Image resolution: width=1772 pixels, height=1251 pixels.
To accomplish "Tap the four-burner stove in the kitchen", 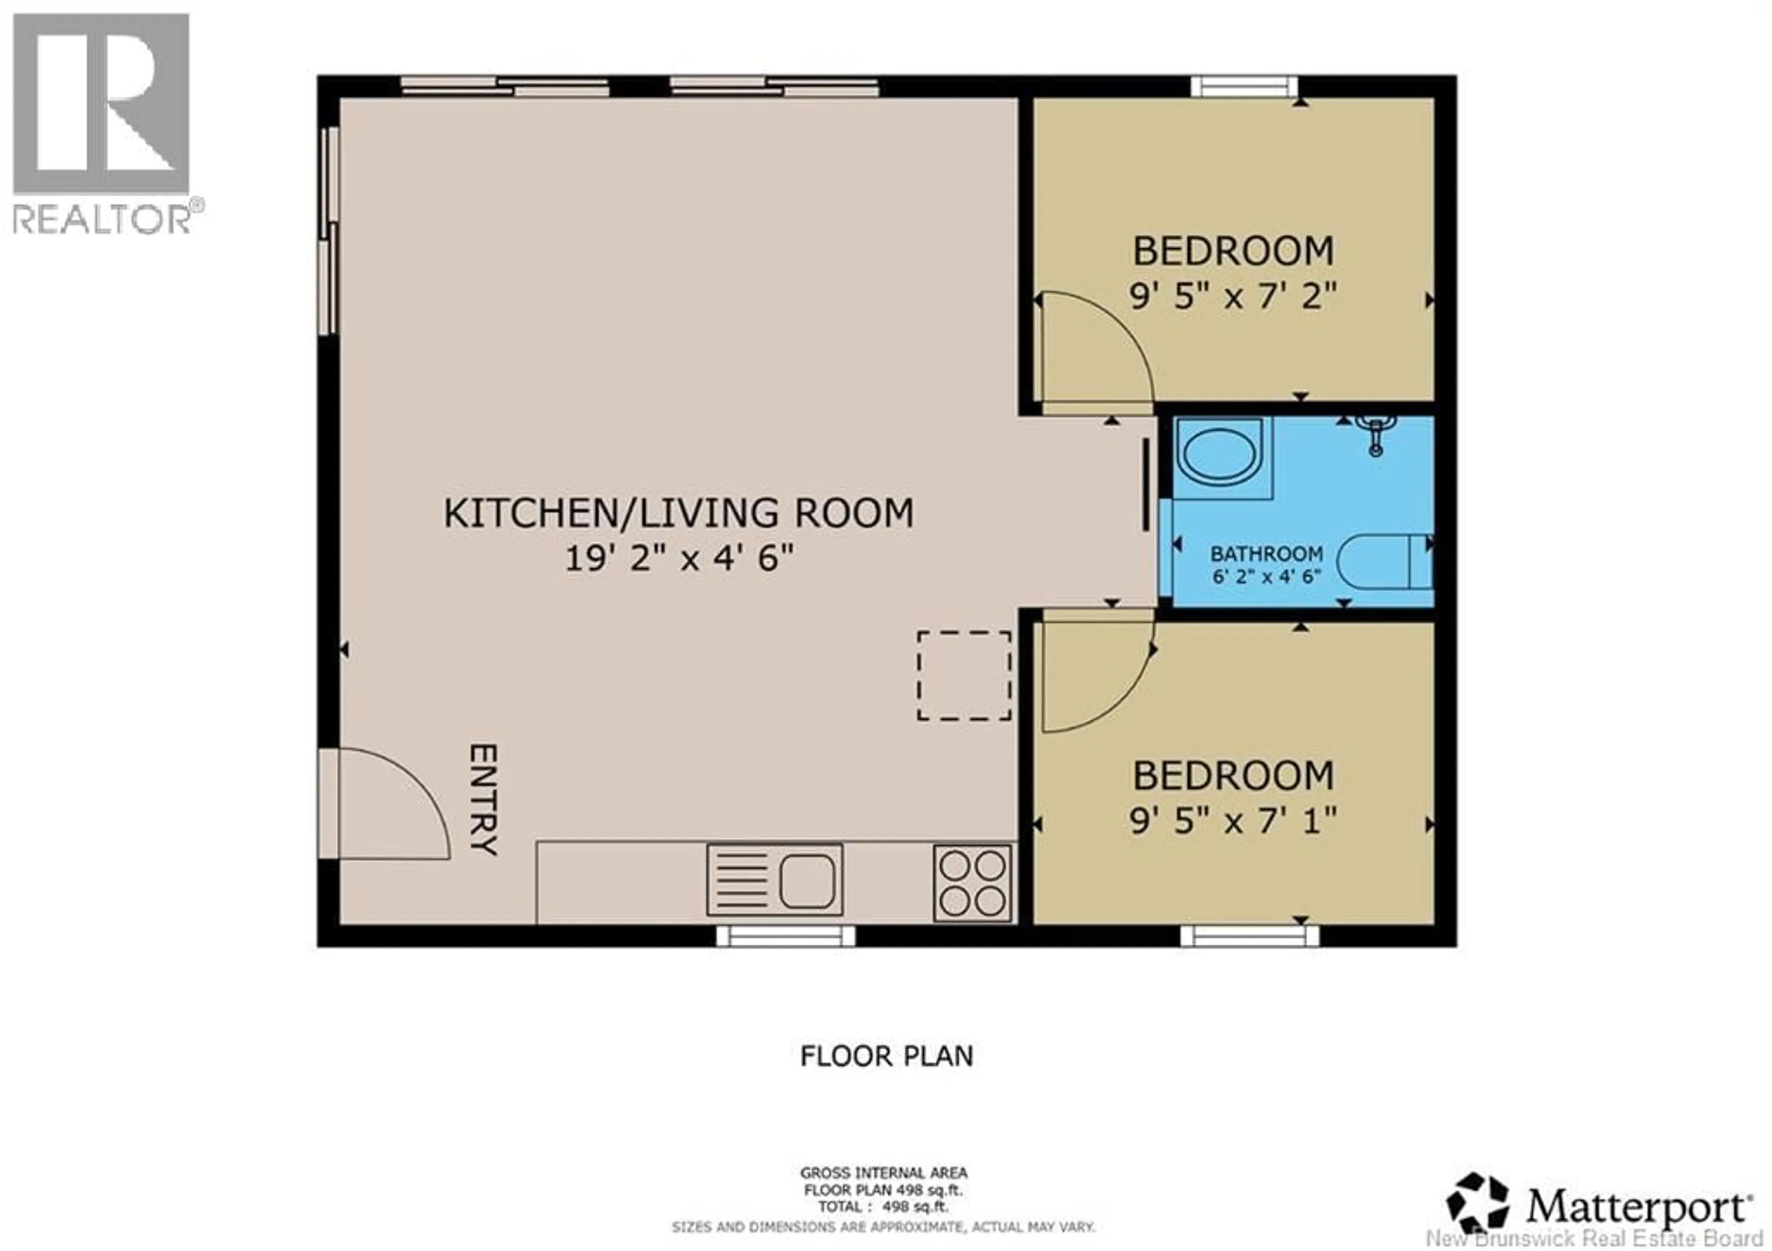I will pos(972,883).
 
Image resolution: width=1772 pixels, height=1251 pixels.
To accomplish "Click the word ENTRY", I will pos(484,799).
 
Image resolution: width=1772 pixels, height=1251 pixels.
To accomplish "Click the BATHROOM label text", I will pos(1267,553).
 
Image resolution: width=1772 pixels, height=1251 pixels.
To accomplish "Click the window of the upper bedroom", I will pos(1244,86).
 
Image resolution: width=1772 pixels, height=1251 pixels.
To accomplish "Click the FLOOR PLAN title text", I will pos(886,1056).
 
